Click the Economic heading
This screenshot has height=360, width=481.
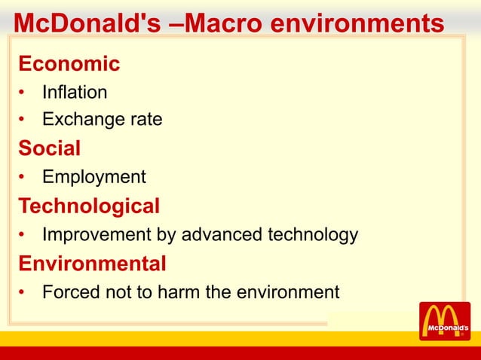tap(69, 64)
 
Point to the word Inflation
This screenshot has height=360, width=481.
tap(75, 93)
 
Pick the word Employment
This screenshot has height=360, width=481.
tap(94, 177)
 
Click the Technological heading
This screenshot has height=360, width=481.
tap(89, 206)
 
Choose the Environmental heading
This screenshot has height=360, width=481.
tap(92, 264)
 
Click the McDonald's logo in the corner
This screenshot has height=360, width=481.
tap(444, 322)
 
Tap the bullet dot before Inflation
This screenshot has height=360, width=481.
tap(24, 93)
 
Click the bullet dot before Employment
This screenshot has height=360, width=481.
tap(24, 178)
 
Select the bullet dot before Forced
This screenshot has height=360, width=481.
tap(24, 293)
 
